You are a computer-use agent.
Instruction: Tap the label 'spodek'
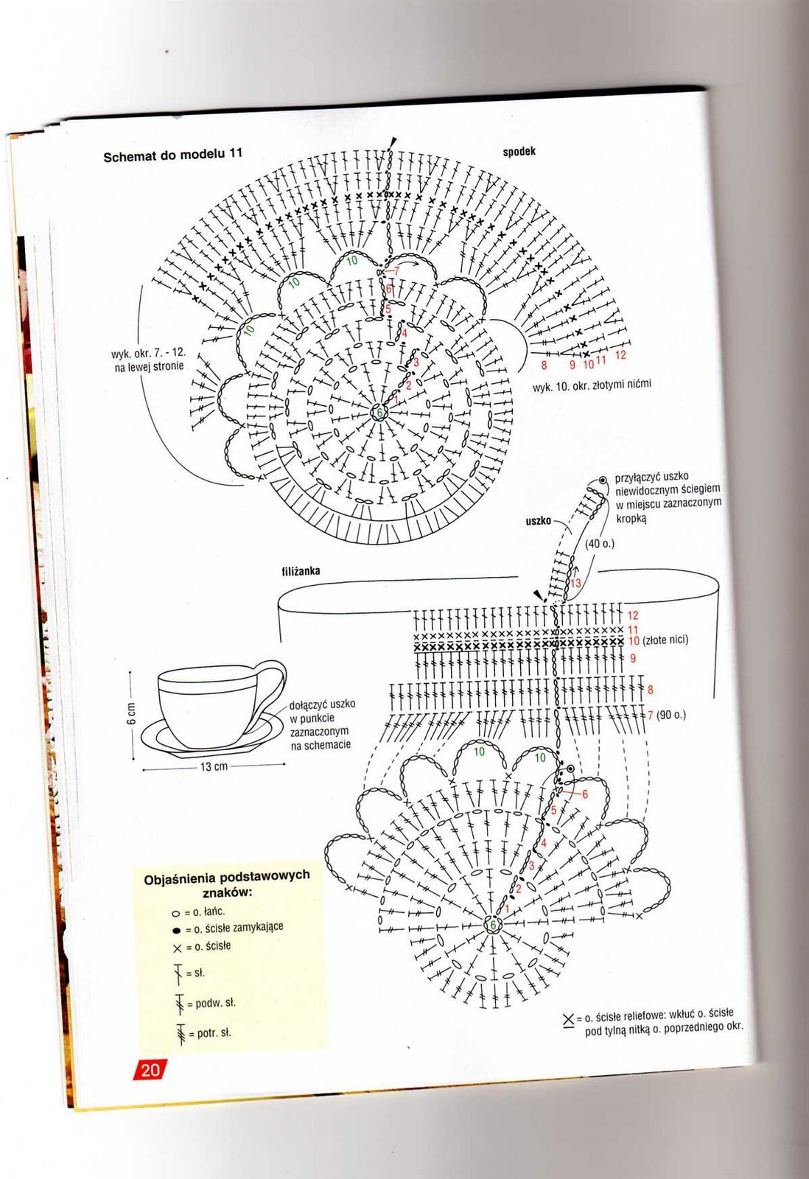(519, 152)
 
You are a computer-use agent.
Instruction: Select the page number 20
(150, 1069)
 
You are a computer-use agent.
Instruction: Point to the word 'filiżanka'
(301, 571)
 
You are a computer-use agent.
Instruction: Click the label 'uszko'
(538, 521)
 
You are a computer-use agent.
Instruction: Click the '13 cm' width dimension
(214, 766)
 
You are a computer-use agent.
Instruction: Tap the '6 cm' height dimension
(132, 713)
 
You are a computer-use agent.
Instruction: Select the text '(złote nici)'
(665, 640)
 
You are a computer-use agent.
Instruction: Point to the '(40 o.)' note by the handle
(599, 544)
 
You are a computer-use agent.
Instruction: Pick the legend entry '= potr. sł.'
(209, 1033)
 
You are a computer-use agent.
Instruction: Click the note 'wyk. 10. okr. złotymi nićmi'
(592, 385)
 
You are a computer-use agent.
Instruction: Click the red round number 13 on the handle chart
(575, 583)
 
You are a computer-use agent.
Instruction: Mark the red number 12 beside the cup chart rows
(633, 615)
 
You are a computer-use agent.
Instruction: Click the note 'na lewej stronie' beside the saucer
(149, 366)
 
